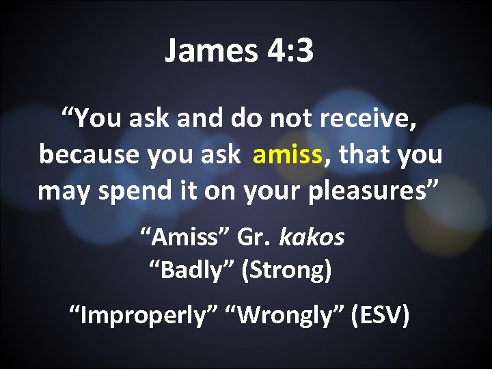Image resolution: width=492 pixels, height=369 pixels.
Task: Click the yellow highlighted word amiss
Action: pyautogui.click(x=286, y=155)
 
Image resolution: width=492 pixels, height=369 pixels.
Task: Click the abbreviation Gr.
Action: pyautogui.click(x=256, y=237)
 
